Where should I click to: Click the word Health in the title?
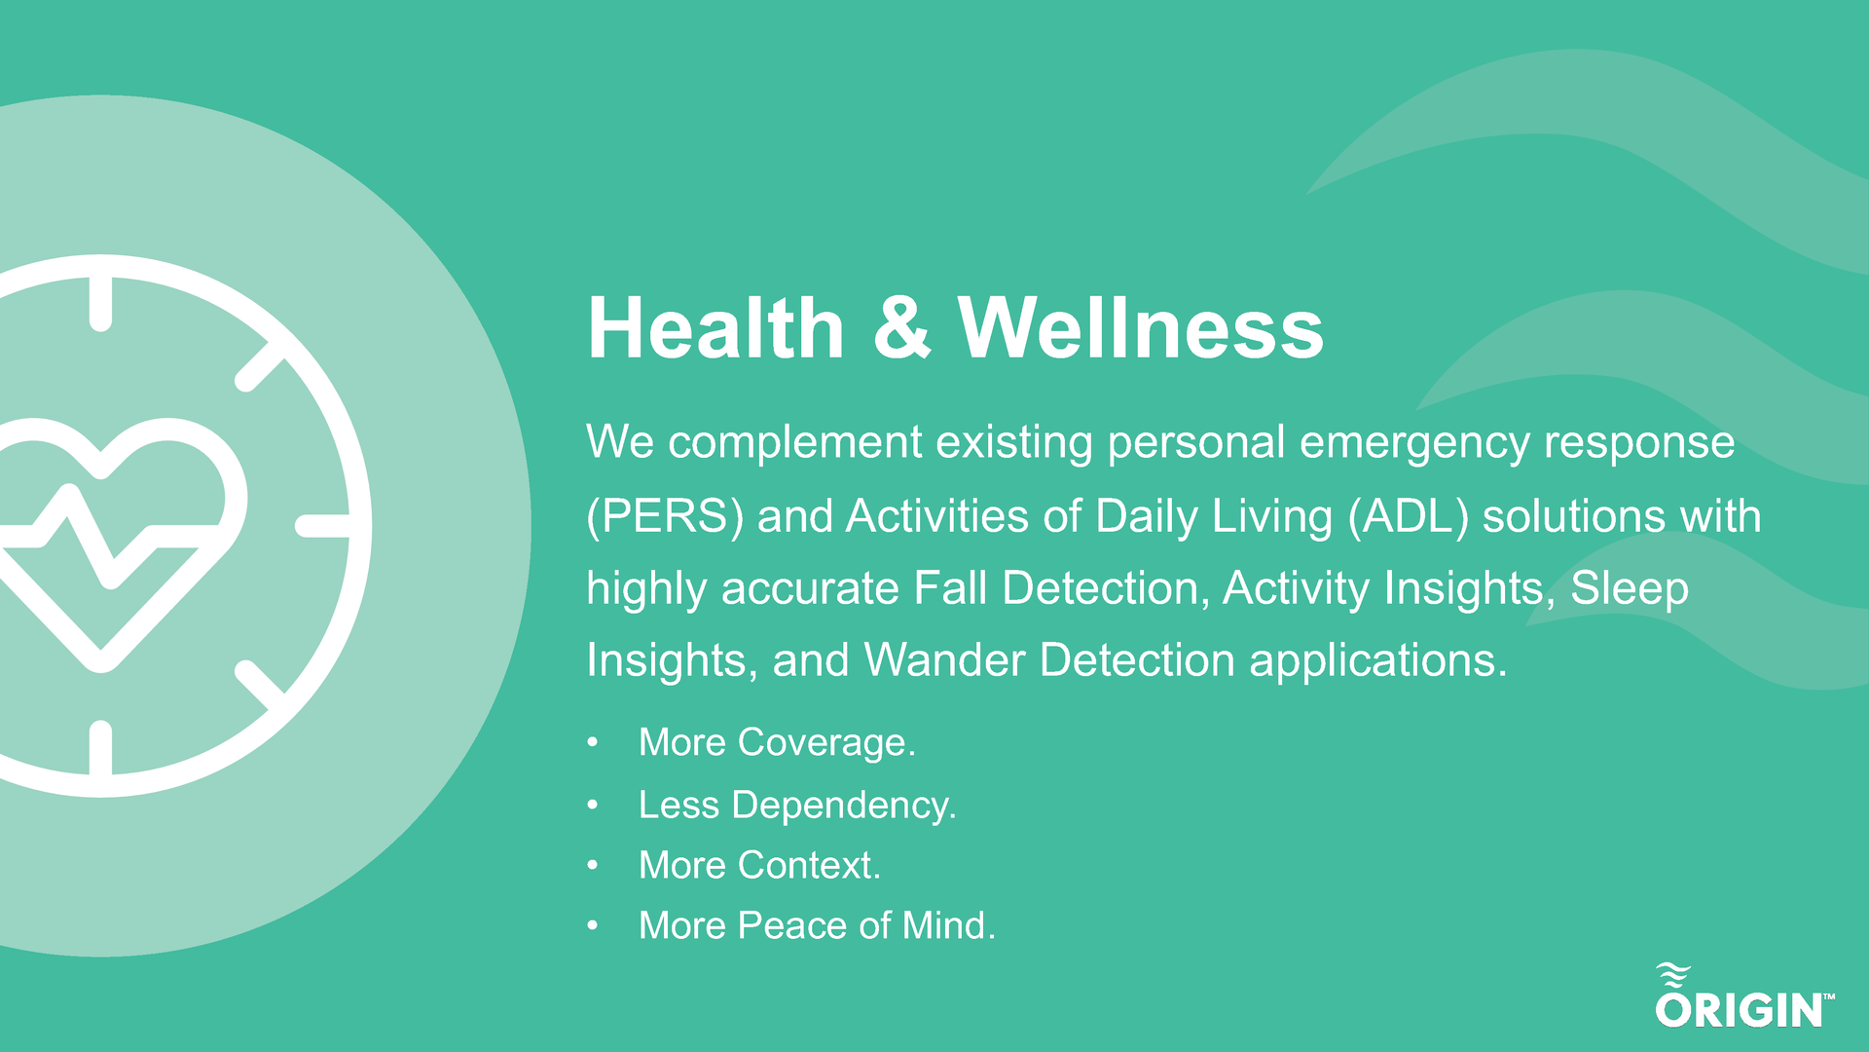[x=715, y=329]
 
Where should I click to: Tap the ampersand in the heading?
[x=901, y=329]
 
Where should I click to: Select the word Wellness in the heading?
[x=1140, y=329]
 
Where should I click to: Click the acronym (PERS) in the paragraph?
[x=665, y=516]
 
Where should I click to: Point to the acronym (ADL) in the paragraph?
[x=1409, y=516]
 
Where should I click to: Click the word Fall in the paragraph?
[x=949, y=588]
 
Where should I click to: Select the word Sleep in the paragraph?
[x=1629, y=588]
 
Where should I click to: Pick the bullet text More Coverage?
[x=777, y=742]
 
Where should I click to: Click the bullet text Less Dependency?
[x=797, y=805]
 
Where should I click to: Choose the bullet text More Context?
[x=759, y=865]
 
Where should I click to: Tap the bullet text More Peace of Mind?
[x=817, y=925]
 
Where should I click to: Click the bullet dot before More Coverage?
[x=593, y=743]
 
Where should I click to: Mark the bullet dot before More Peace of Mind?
[x=593, y=926]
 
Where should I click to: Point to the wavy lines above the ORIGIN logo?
[x=1673, y=975]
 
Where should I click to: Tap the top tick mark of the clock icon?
[x=100, y=303]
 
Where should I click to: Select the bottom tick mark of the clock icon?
[x=100, y=748]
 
